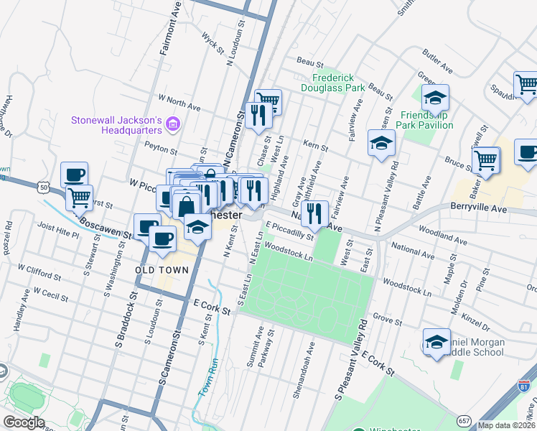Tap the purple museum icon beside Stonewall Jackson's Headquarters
pos(172,125)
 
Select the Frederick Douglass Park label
pos(338,83)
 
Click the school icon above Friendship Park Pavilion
pos(434,98)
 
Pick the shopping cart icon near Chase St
pos(268,101)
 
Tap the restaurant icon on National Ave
pos(314,213)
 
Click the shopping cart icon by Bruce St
pos(486,159)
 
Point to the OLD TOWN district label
pos(162,270)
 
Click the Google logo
pos(24,422)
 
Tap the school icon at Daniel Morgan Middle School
pos(436,342)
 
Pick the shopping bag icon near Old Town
pos(186,205)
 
